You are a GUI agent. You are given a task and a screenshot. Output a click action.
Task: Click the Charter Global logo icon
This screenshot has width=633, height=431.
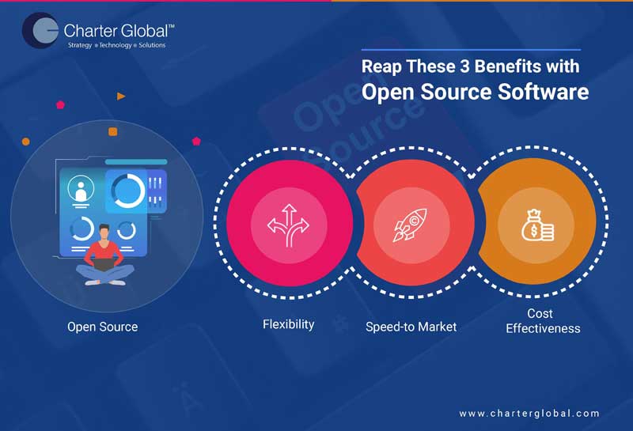(39, 31)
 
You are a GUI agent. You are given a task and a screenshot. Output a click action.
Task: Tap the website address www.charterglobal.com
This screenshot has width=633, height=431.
(529, 413)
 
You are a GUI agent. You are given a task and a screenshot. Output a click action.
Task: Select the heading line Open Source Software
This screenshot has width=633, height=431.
(475, 92)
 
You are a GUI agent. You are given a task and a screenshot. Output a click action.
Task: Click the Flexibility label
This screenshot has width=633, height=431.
(288, 324)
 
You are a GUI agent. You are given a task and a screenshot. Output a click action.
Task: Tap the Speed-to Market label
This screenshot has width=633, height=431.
(411, 327)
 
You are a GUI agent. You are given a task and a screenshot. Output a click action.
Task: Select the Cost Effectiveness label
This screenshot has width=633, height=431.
(543, 320)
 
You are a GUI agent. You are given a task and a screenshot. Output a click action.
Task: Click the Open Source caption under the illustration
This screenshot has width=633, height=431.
(102, 327)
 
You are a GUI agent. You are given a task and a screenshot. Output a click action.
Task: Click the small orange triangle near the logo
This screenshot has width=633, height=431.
(121, 96)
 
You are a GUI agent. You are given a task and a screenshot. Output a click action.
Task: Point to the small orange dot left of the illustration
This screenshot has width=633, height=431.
(26, 141)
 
